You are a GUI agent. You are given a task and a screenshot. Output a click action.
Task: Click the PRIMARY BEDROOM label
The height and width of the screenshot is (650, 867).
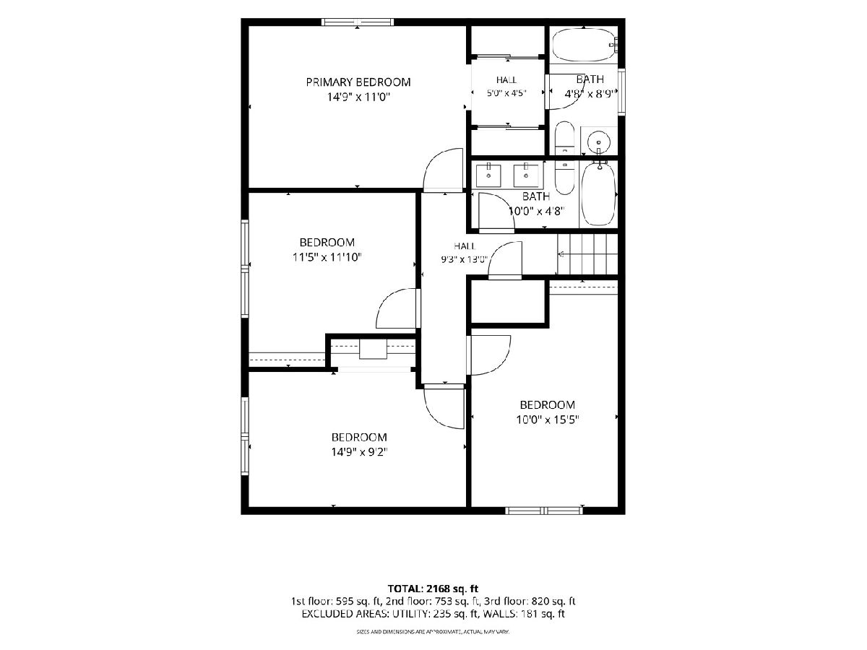(x=358, y=82)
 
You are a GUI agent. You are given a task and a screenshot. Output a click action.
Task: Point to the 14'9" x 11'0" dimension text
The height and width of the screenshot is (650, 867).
(x=358, y=97)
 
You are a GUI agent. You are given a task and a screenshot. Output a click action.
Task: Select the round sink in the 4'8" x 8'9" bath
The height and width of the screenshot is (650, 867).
(x=599, y=141)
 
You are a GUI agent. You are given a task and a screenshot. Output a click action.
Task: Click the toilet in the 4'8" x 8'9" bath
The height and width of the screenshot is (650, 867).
(x=564, y=138)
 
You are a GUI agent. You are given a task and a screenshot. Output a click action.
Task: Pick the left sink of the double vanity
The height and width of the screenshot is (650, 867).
(x=488, y=175)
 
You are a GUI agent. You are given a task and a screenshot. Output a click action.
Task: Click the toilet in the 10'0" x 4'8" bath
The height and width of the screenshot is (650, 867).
(x=564, y=178)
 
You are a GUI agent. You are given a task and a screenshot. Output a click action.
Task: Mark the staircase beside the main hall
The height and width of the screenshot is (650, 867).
(x=587, y=253)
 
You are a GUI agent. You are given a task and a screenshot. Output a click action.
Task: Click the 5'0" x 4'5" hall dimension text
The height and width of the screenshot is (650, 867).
(x=506, y=94)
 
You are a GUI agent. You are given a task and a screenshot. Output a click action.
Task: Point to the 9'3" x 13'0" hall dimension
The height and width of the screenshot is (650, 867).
(x=465, y=259)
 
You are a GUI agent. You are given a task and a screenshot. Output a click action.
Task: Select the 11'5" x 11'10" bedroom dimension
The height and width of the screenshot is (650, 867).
(x=327, y=257)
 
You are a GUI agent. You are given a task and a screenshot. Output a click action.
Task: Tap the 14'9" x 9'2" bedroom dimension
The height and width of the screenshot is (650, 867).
(x=359, y=452)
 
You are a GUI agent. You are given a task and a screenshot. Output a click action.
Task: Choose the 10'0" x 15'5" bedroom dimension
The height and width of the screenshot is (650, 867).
(x=548, y=420)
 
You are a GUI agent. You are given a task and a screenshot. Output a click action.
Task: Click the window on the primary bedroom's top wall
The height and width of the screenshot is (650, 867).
(x=358, y=22)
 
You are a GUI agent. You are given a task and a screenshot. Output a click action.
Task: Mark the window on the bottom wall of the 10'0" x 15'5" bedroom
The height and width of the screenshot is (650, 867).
(x=544, y=511)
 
